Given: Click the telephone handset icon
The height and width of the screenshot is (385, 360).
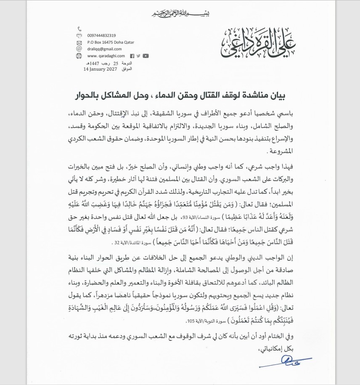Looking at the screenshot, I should [x=79, y=29].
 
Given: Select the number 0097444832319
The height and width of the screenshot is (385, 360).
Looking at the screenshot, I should [x=102, y=36].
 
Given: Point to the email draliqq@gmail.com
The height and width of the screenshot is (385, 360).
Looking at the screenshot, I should [x=104, y=49].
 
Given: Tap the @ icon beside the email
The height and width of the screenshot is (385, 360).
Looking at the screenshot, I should [x=79, y=49].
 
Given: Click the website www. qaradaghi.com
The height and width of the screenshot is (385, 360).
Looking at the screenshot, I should [x=106, y=56].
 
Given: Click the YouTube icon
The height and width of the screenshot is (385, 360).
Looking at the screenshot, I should [x=145, y=56].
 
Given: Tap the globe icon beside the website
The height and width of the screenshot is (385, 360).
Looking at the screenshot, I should [x=79, y=56].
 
